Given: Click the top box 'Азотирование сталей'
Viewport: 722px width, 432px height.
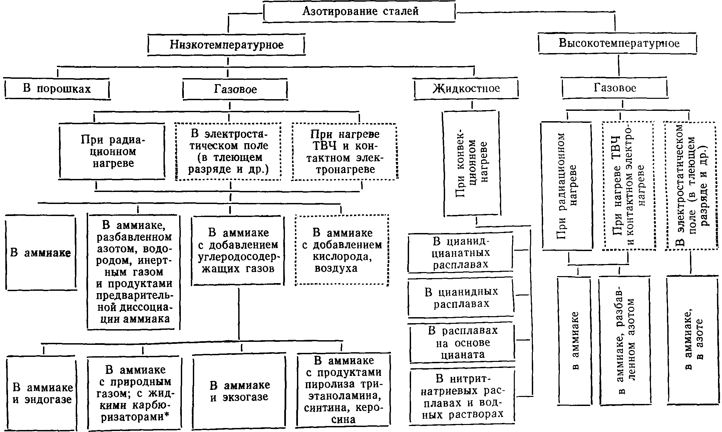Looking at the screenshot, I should pyautogui.click(x=360, y=12).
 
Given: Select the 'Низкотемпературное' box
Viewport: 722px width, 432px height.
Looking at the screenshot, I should pyautogui.click(x=227, y=44).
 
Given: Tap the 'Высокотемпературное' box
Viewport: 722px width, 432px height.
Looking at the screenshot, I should pyautogui.click(x=618, y=43).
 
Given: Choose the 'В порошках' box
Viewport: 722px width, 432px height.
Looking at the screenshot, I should pyautogui.click(x=57, y=89).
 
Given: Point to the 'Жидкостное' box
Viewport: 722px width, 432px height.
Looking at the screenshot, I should pyautogui.click(x=466, y=88).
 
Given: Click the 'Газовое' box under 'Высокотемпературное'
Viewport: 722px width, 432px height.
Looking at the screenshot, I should pyautogui.click(x=615, y=88).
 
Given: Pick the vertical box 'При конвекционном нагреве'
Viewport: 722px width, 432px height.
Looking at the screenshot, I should pyautogui.click(x=472, y=164).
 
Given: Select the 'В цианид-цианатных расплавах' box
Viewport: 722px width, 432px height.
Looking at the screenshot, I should pyautogui.click(x=461, y=253).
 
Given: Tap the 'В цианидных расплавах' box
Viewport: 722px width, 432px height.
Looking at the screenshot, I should pyautogui.click(x=461, y=297).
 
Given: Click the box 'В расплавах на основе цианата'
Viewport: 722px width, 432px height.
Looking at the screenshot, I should pyautogui.click(x=462, y=343).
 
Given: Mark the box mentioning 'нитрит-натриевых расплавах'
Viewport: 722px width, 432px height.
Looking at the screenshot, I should pyautogui.click(x=462, y=396).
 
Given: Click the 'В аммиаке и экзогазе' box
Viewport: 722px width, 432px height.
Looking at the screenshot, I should pyautogui.click(x=239, y=391).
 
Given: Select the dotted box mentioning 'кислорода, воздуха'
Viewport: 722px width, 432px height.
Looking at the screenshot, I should pyautogui.click(x=342, y=250).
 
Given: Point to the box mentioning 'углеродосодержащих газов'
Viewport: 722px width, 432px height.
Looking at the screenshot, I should pyautogui.click(x=238, y=250).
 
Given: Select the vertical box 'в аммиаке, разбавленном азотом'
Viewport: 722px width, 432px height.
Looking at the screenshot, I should pyautogui.click(x=625, y=341).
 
